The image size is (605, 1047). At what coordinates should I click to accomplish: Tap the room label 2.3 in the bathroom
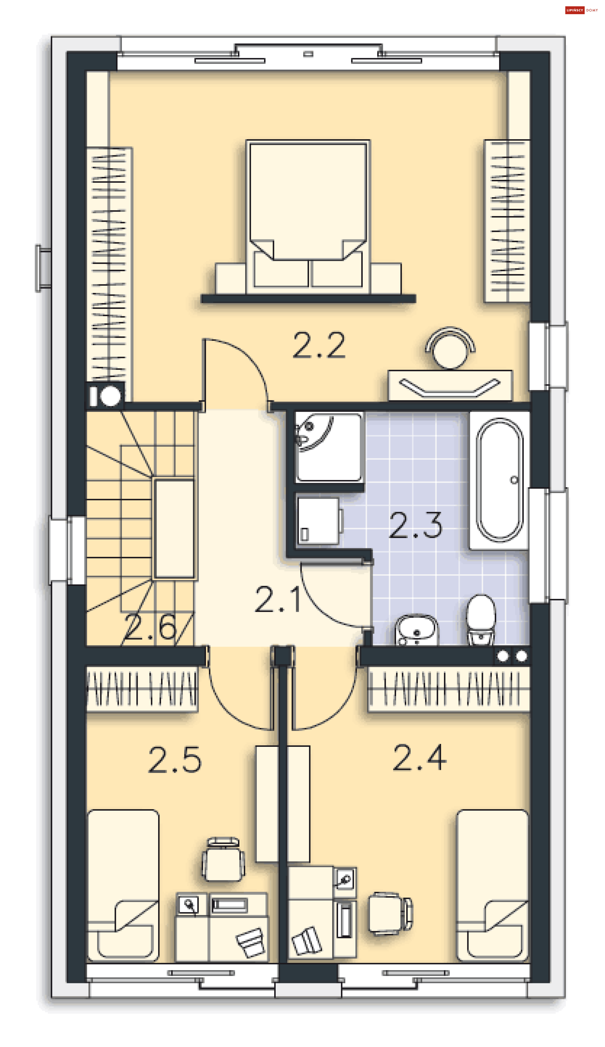416,525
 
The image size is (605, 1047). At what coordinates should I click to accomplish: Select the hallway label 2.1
278,599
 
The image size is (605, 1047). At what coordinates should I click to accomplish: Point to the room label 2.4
419,758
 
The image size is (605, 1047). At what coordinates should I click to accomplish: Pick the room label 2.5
175,760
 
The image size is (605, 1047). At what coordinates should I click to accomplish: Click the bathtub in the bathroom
499,480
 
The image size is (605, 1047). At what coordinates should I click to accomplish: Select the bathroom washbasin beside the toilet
416,630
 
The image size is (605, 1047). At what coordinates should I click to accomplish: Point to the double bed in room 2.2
308,217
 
